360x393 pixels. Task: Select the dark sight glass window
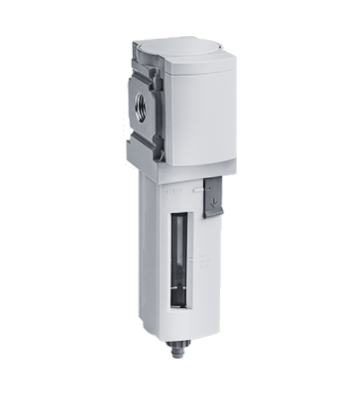point(177,259)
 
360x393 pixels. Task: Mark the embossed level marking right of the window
point(203,262)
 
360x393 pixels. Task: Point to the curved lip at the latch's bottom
point(213,213)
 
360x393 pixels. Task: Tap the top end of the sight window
point(179,216)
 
